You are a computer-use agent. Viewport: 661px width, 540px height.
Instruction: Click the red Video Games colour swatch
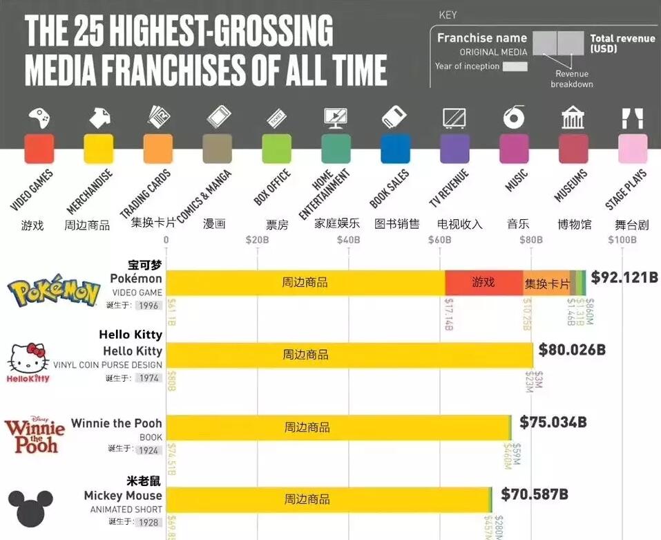tap(39, 149)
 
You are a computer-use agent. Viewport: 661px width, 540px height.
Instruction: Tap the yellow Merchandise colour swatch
tap(98, 149)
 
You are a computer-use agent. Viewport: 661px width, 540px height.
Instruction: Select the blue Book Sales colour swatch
tap(395, 149)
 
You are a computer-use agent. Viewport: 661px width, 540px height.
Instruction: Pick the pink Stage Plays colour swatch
tap(633, 149)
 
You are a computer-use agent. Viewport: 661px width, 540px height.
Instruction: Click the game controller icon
tap(39, 118)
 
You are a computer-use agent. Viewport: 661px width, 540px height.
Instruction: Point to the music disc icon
tap(514, 118)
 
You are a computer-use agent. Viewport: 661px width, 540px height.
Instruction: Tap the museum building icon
tap(573, 118)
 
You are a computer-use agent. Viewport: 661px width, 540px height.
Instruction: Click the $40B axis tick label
tap(348, 240)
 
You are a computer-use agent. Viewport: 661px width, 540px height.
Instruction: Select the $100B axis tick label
tap(622, 240)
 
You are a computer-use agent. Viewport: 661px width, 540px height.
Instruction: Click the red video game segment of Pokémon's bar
tap(483, 283)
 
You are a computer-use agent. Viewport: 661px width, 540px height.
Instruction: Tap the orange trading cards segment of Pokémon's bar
tap(546, 283)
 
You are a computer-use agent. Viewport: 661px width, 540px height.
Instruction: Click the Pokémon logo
tap(53, 292)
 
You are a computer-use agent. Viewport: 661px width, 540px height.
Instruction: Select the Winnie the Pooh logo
tap(35, 435)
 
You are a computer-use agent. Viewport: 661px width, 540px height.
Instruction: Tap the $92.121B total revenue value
tap(624, 277)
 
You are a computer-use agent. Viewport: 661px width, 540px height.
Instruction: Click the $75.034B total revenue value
tap(553, 422)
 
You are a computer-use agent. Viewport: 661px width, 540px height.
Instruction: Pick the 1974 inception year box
tap(149, 378)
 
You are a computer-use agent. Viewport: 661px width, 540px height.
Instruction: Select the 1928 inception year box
tap(149, 522)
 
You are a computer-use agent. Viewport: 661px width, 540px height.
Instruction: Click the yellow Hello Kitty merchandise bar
tap(349, 355)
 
